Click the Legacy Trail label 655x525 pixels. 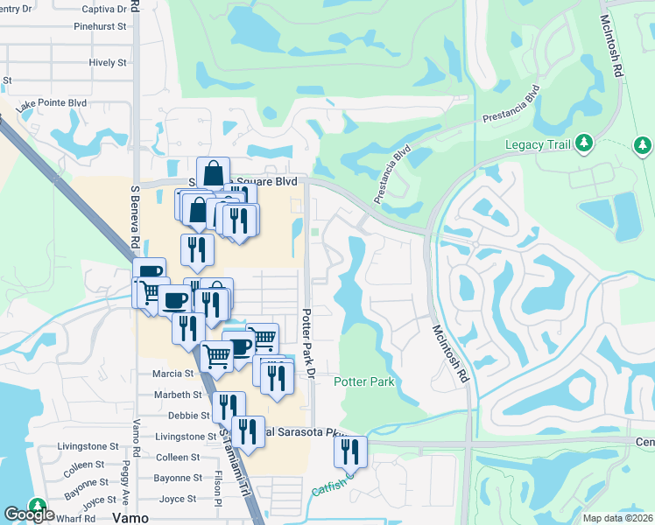pos(538,143)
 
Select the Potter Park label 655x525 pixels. pos(364,381)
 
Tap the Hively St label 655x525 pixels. pos(108,63)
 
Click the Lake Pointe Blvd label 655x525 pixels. pos(52,103)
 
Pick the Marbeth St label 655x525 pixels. pos(178,395)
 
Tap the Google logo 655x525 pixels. pos(29,514)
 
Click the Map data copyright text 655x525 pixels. pos(617,518)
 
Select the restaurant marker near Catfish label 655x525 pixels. pos(350,452)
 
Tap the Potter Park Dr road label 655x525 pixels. pos(307,343)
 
